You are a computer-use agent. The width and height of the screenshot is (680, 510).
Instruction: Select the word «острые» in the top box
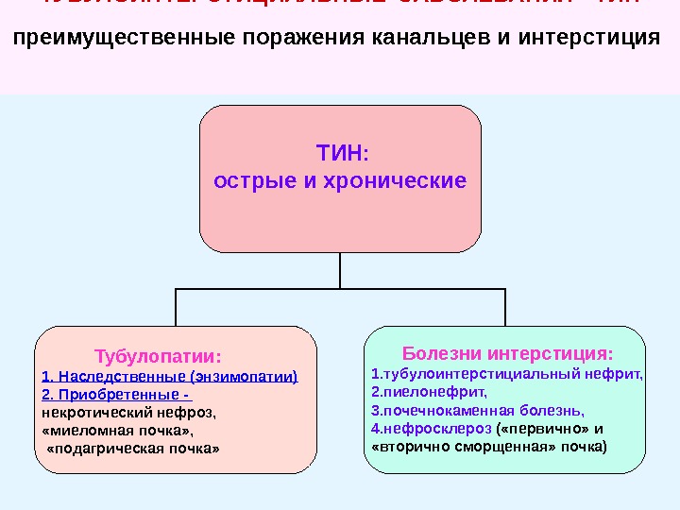254,179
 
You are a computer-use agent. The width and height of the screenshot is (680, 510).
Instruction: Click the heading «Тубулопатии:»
159,358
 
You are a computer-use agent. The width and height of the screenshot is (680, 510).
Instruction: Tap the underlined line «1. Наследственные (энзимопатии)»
170,377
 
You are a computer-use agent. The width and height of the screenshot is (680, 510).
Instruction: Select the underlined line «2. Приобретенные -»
117,395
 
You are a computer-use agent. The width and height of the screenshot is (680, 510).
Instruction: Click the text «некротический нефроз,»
129,412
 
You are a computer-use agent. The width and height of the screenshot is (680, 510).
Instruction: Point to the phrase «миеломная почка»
124,430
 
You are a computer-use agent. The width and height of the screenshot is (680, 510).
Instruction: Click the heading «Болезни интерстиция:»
507,354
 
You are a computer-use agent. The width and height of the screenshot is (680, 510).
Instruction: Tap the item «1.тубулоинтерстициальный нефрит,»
507,374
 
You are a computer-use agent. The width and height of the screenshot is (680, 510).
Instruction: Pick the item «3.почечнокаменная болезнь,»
478,410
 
